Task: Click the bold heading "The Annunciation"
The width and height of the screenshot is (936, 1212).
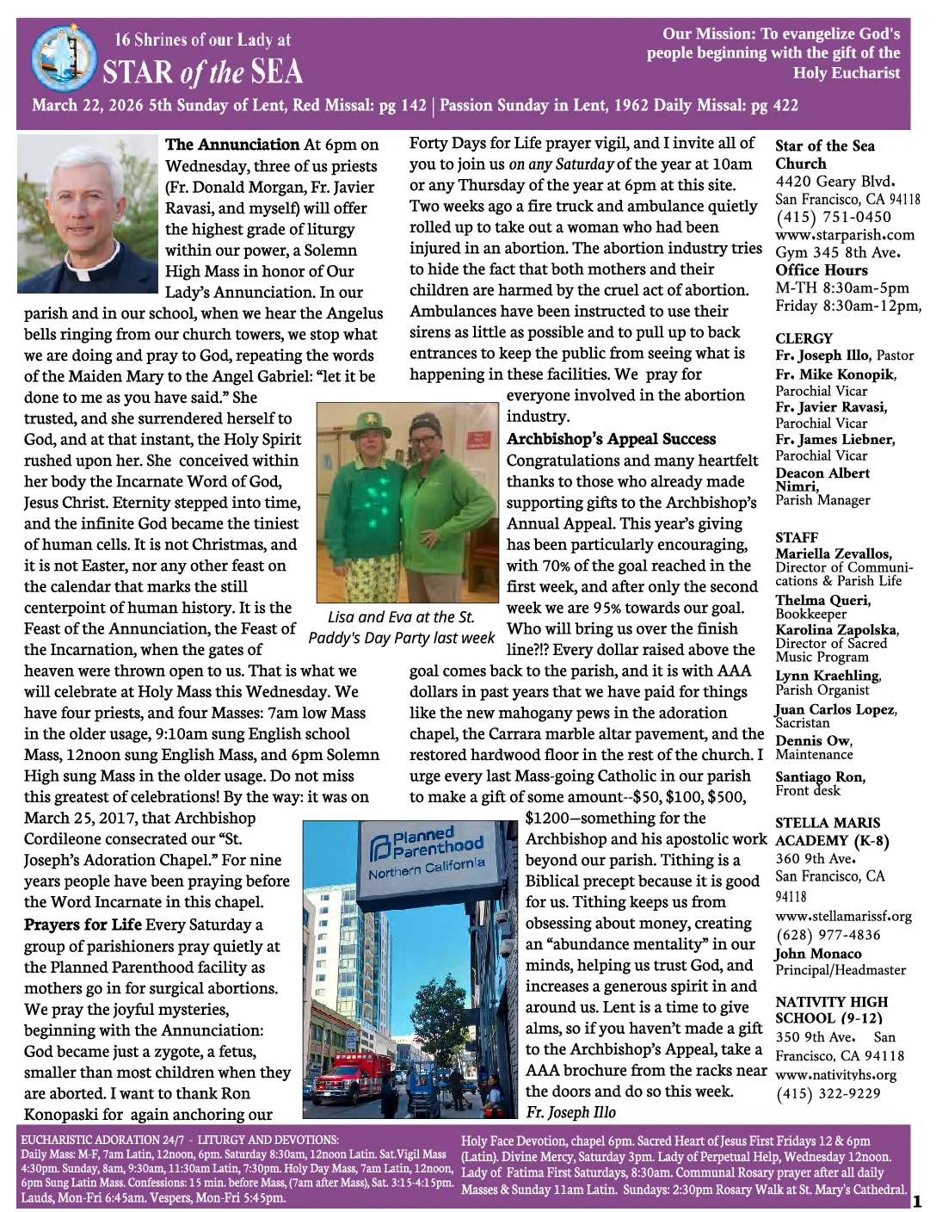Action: tap(232, 145)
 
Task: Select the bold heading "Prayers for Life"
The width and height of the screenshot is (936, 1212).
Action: tap(83, 925)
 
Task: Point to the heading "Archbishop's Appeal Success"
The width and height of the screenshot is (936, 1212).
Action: tap(611, 439)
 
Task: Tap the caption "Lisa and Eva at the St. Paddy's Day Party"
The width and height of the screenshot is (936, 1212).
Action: tap(401, 628)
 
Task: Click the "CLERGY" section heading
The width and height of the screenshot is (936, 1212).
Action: tap(804, 338)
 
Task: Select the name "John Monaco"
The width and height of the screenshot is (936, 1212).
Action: tap(817, 954)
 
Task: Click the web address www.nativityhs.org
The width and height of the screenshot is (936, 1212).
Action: tap(835, 1074)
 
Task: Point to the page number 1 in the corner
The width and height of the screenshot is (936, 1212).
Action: tap(916, 1201)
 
